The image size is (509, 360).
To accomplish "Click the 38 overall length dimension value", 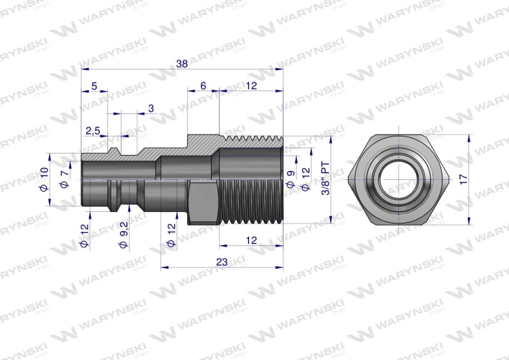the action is click(182, 64).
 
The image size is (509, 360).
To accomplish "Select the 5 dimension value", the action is click(94, 86).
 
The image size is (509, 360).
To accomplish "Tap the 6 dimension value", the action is click(203, 86).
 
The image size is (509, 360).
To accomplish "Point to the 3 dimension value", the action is click(151, 109).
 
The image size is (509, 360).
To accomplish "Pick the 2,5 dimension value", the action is click(93, 131).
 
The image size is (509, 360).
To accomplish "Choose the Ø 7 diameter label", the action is click(65, 179).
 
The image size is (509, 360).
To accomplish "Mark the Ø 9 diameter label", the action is click(291, 179).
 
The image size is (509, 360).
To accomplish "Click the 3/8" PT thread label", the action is click(325, 179).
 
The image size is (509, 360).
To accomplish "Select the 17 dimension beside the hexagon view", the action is click(464, 179).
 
